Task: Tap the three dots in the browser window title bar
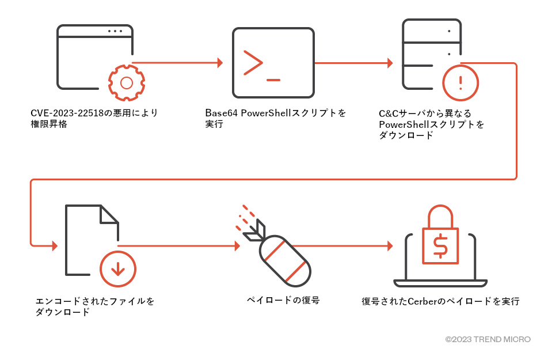coord(115,31)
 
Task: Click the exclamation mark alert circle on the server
coord(460,82)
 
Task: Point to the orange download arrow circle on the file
coord(118,268)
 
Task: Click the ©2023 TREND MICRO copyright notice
coord(488,340)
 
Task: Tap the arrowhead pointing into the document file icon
coord(54,246)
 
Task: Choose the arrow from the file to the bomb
coord(178,246)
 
